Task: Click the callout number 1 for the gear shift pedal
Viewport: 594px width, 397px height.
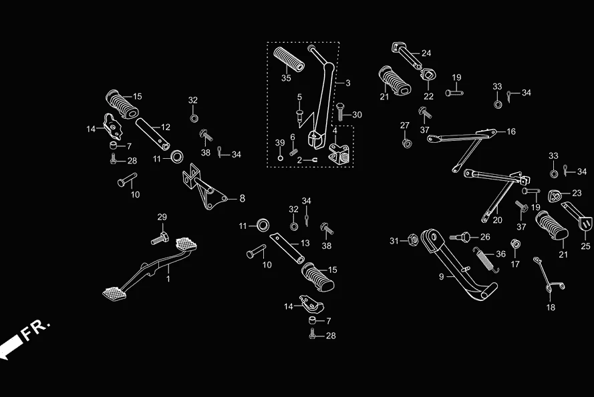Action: pyautogui.click(x=168, y=279)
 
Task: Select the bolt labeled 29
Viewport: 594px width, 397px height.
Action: pyautogui.click(x=159, y=237)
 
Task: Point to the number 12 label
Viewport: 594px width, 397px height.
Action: pyautogui.click(x=166, y=127)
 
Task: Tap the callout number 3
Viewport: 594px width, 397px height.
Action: pyautogui.click(x=347, y=83)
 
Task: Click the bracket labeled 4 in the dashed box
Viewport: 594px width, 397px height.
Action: pyautogui.click(x=340, y=154)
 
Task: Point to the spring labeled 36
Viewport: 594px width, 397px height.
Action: pyautogui.click(x=484, y=258)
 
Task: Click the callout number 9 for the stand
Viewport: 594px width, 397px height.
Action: pyautogui.click(x=441, y=276)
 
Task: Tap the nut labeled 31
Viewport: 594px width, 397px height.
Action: pyautogui.click(x=412, y=240)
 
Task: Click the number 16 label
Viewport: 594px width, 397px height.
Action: pyautogui.click(x=511, y=132)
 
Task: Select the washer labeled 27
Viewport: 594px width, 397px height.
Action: pyautogui.click(x=406, y=142)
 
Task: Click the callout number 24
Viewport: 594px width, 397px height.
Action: pyautogui.click(x=426, y=53)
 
